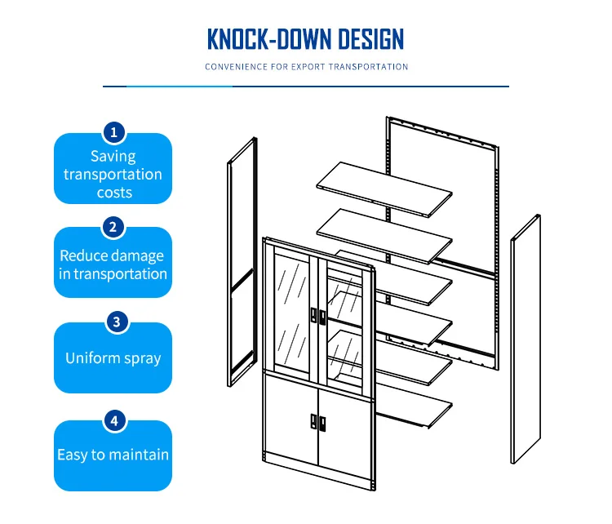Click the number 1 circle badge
113,131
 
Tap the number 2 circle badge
113,226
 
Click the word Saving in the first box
113,156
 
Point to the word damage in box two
138,255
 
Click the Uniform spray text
113,358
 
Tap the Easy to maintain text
113,455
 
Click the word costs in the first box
113,193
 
